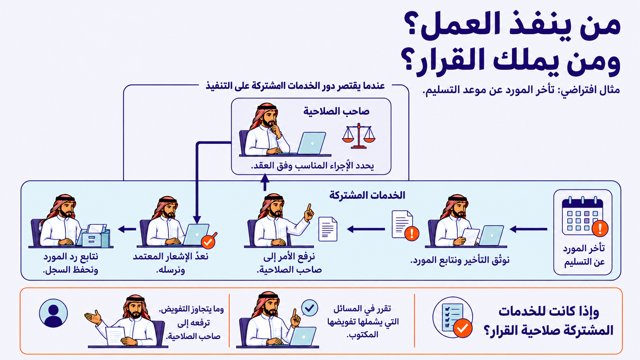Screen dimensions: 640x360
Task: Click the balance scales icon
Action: click(359, 136)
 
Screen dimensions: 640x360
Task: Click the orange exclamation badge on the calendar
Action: click(600, 228)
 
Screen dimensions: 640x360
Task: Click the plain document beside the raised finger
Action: click(328, 229)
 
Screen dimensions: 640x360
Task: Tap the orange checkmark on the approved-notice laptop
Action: click(209, 241)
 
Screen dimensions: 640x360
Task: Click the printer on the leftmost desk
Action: click(95, 236)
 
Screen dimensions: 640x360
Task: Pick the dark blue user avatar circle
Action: click(54, 313)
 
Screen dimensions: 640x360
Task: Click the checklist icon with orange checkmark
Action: click(453, 318)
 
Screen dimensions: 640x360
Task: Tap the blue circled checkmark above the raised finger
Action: click(310, 308)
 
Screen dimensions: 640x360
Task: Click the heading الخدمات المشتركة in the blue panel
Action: click(367, 195)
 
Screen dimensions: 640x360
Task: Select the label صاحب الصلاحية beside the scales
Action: click(336, 111)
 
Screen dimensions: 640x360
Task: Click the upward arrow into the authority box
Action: click(265, 182)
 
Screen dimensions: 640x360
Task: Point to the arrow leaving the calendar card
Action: click(529, 229)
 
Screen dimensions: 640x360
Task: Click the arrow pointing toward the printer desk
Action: click(127, 229)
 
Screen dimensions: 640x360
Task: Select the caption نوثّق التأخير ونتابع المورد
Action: click(460, 261)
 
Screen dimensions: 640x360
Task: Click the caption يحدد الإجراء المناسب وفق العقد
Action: click(313, 166)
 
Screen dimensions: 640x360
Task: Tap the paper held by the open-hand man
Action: click(116, 336)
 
